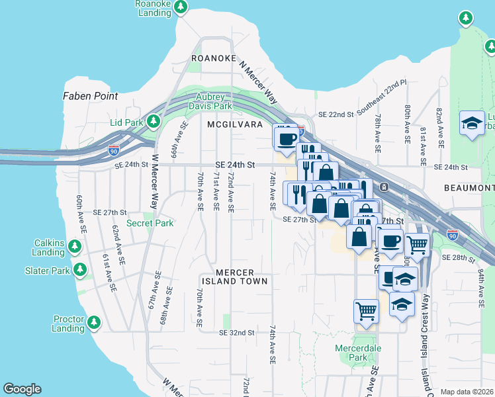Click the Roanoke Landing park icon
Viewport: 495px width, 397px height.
coord(180,8)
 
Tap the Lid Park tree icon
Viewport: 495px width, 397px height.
coord(154,122)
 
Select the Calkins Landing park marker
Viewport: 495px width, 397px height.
coord(75,247)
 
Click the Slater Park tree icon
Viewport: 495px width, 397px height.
coord(80,270)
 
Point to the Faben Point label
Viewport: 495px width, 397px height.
coord(90,96)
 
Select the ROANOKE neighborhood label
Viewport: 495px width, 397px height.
coord(214,58)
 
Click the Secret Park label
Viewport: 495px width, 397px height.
coord(150,223)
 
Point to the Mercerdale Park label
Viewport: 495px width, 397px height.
coord(358,353)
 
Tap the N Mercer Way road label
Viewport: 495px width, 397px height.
coord(257,81)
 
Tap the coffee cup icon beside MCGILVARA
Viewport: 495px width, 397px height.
coord(287,138)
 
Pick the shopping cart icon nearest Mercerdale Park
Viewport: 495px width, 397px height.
coord(366,309)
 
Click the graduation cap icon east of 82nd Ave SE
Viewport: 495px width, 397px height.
coord(472,123)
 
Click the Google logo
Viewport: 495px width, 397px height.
coord(22,389)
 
